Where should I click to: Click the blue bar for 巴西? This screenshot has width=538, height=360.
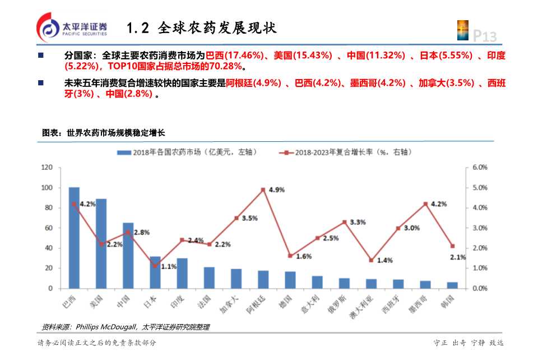(x=74, y=238)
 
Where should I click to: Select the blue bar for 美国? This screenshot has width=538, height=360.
(x=101, y=243)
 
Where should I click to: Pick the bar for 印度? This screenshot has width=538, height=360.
(x=182, y=273)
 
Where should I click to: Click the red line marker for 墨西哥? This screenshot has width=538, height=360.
(x=425, y=204)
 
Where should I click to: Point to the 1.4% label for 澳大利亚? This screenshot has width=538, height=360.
(x=384, y=260)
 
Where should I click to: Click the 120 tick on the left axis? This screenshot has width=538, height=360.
(x=47, y=167)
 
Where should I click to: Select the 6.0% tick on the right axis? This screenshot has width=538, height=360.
(x=480, y=167)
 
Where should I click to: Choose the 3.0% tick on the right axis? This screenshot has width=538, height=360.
(x=480, y=228)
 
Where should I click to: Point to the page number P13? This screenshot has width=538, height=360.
(x=485, y=36)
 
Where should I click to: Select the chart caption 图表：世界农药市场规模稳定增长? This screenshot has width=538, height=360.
(x=104, y=133)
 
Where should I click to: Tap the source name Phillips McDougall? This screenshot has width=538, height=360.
(x=106, y=327)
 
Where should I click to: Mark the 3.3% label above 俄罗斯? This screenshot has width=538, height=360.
(x=358, y=222)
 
